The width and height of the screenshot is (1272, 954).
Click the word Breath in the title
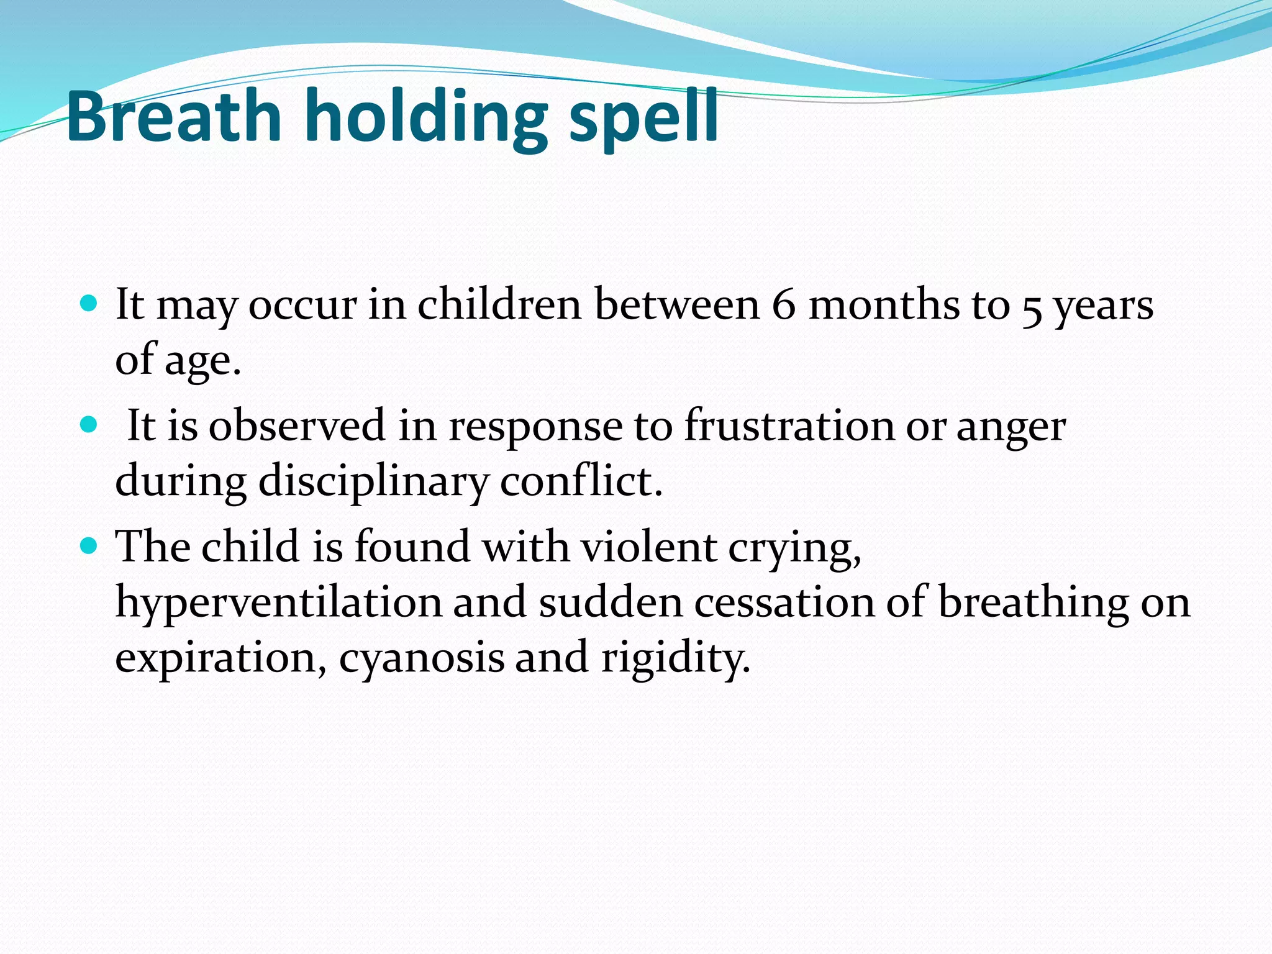point(174,117)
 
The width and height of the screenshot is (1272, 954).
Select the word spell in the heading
point(643,118)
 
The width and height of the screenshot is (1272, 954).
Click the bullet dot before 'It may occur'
point(89,304)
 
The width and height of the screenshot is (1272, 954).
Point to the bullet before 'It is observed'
point(89,425)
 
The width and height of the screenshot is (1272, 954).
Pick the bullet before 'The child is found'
point(89,546)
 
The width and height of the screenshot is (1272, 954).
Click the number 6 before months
point(783,305)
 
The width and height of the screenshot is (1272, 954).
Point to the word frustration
point(789,426)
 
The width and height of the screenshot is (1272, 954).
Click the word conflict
point(581,481)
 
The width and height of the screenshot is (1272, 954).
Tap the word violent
point(648,547)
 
